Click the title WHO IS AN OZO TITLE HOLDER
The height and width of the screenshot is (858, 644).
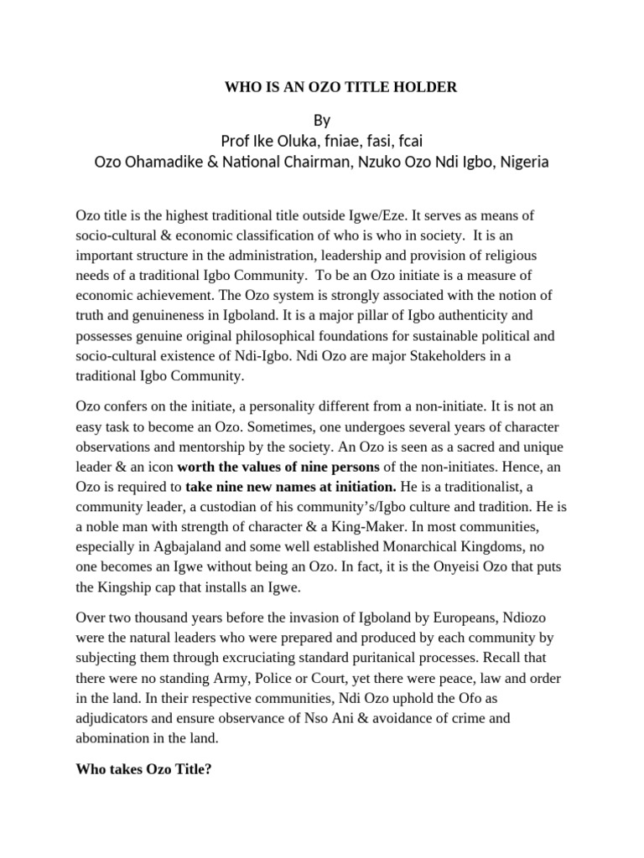(x=340, y=87)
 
